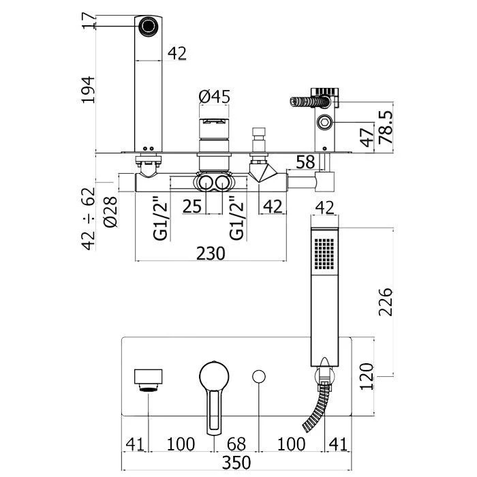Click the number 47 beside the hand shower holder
[x=366, y=137]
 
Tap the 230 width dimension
[x=211, y=253]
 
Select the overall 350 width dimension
[x=238, y=463]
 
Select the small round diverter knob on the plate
[x=259, y=376]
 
